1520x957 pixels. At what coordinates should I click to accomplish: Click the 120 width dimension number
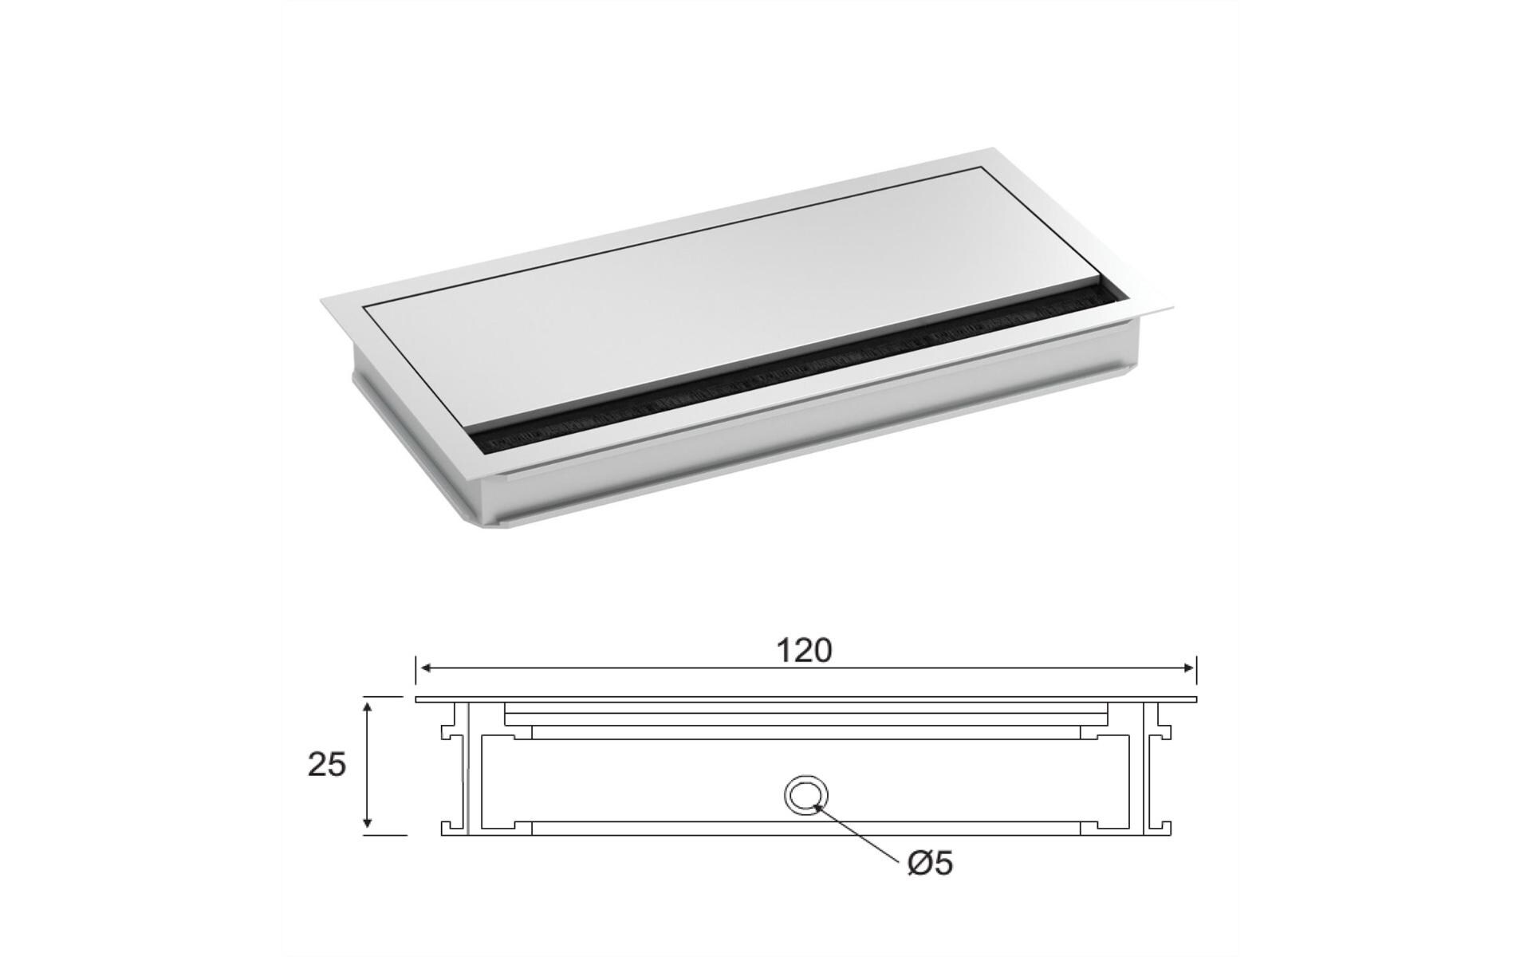click(x=804, y=651)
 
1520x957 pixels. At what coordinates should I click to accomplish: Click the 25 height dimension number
click(x=327, y=765)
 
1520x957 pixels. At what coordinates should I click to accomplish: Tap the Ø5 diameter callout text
click(x=930, y=863)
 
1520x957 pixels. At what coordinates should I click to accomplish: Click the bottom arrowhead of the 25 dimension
click(x=367, y=829)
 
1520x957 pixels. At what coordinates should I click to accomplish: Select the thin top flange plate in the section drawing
click(x=805, y=699)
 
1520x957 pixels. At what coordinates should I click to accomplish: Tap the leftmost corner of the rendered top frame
click(x=322, y=300)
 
